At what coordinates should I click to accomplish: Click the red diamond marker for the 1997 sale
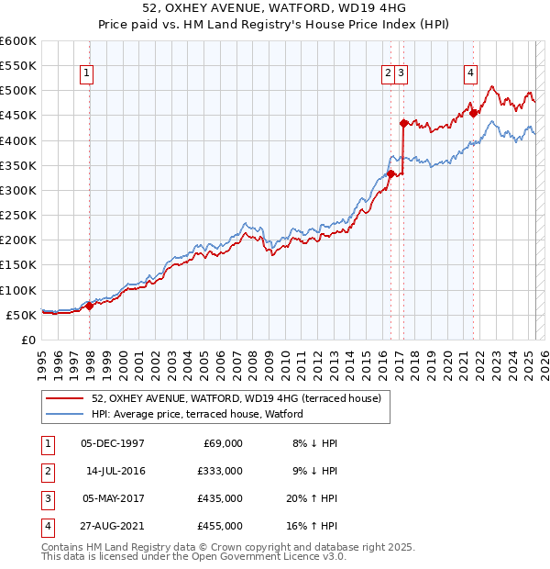[x=89, y=306]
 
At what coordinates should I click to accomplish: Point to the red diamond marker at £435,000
[x=403, y=122]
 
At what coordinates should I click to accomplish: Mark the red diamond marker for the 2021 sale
[x=474, y=113]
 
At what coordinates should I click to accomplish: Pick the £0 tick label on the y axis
[x=27, y=340]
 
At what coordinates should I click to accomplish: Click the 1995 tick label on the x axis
[x=42, y=359]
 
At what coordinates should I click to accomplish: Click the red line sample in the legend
[x=65, y=399]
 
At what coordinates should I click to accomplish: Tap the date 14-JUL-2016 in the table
[x=115, y=471]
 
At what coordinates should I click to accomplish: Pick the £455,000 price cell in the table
[x=221, y=526]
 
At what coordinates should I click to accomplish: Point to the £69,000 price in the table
[x=223, y=443]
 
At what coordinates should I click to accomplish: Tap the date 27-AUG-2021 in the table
[x=114, y=526]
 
